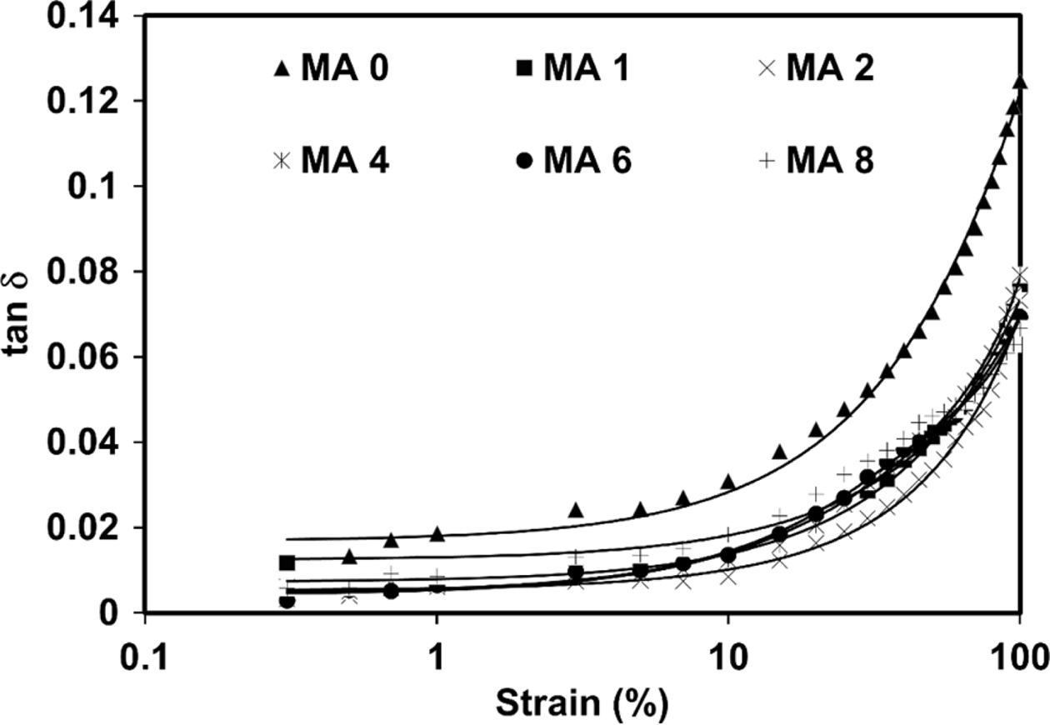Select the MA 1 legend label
587,69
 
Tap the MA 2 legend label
831,69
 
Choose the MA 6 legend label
587,161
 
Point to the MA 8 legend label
831,161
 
